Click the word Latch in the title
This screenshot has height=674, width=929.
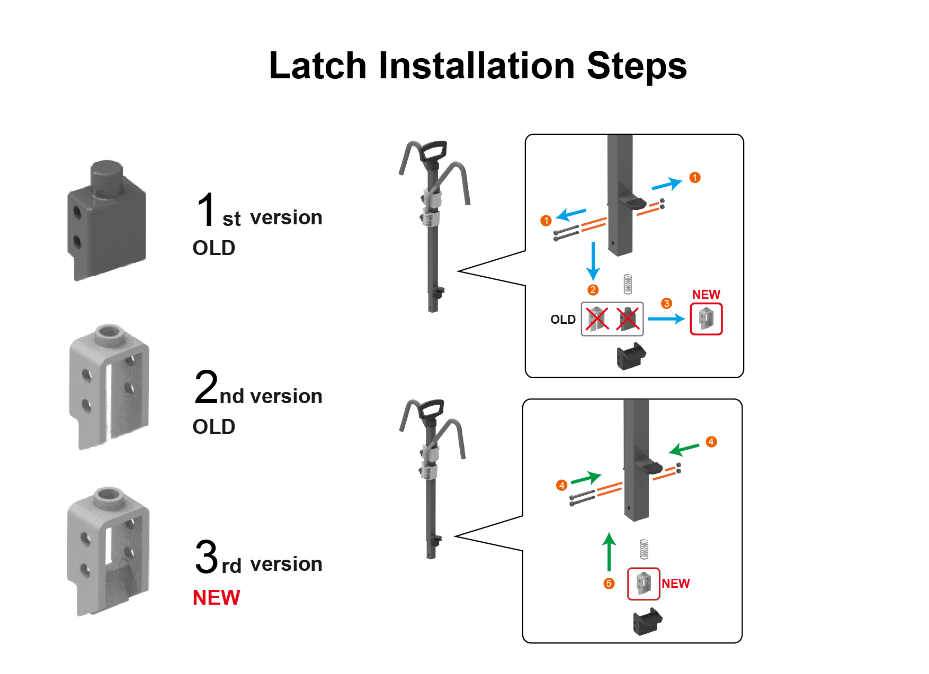click(317, 66)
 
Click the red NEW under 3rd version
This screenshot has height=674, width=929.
click(216, 598)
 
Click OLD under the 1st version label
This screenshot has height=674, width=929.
click(213, 248)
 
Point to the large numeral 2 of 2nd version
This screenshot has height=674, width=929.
click(206, 388)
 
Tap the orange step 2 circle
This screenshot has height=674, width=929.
click(593, 290)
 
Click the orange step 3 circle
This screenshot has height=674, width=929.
click(666, 304)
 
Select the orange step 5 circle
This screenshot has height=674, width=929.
click(609, 584)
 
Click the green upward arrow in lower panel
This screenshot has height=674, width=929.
click(610, 552)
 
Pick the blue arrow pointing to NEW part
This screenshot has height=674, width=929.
click(666, 319)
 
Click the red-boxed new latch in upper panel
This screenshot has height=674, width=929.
click(706, 319)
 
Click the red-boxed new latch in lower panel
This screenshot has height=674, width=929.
click(644, 584)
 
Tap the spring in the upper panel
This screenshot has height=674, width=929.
click(628, 284)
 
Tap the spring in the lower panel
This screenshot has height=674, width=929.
click(644, 549)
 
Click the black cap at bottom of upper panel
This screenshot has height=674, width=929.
click(631, 356)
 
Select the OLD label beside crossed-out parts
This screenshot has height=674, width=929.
click(562, 320)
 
